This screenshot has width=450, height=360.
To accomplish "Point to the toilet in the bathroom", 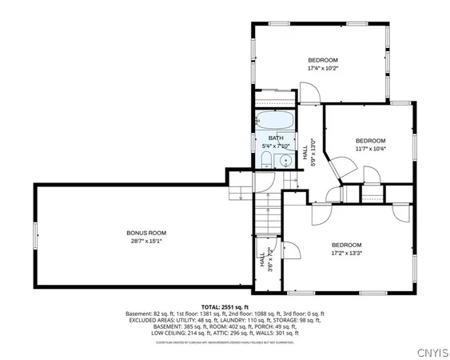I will pyautogui.click(x=265, y=162).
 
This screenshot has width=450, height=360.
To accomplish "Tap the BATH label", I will pyautogui.click(x=276, y=138).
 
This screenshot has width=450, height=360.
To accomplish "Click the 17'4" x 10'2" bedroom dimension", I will pyautogui.click(x=323, y=69).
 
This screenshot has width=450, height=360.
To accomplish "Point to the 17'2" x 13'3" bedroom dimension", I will pyautogui.click(x=346, y=253).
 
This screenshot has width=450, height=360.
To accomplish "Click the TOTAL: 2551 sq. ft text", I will pyautogui.click(x=225, y=306).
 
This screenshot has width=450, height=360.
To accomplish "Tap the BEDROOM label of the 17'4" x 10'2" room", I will pyautogui.click(x=323, y=61).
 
